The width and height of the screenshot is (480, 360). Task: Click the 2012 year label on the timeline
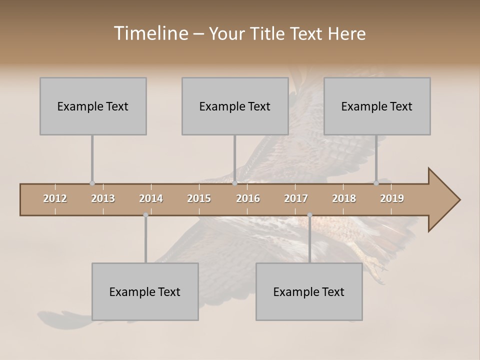(55, 198)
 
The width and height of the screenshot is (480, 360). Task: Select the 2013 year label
(103, 198)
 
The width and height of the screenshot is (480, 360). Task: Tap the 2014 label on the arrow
(151, 198)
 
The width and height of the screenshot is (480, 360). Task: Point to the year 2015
(199, 198)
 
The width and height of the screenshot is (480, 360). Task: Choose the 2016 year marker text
(248, 198)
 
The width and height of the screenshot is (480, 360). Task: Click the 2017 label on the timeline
(296, 198)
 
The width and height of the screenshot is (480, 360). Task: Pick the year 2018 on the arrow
(344, 198)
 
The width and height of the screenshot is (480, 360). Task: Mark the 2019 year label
(392, 198)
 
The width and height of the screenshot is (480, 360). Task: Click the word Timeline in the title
(150, 33)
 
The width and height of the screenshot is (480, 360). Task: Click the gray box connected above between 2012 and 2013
(93, 106)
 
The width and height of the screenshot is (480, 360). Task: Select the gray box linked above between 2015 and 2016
(235, 106)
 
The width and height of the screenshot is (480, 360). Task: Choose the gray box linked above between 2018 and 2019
(377, 106)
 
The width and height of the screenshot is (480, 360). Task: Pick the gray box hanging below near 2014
(145, 291)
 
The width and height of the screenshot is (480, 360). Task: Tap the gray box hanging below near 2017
(309, 291)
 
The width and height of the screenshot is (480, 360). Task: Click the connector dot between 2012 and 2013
(92, 183)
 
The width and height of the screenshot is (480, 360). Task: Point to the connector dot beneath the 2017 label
(309, 215)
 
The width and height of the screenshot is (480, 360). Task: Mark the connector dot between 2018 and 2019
(376, 183)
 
